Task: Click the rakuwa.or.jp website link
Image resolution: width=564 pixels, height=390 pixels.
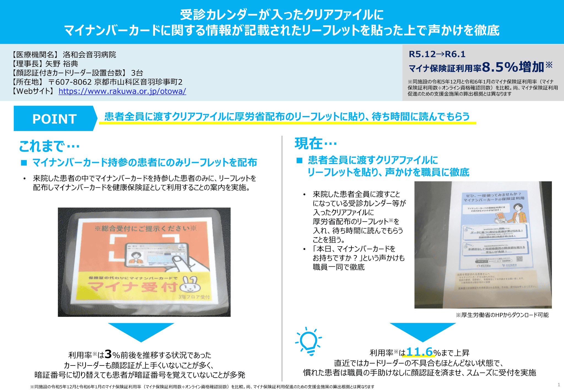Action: pyautogui.click(x=122, y=91)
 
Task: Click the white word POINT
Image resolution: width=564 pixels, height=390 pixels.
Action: pyautogui.click(x=55, y=119)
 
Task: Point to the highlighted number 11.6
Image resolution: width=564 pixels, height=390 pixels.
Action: pyautogui.click(x=419, y=352)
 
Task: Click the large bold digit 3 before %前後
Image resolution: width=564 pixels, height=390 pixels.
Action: pyautogui.click(x=108, y=354)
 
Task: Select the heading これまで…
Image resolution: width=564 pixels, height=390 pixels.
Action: pyautogui.click(x=49, y=146)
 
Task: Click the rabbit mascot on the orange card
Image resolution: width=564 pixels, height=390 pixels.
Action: pyautogui.click(x=190, y=285)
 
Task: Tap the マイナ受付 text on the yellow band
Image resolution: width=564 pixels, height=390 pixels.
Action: pyautogui.click(x=132, y=287)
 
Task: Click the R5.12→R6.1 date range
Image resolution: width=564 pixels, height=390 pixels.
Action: pyautogui.click(x=437, y=54)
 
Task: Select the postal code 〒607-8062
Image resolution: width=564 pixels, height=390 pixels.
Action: pyautogui.click(x=70, y=82)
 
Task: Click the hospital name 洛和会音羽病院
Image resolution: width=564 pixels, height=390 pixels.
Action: pyautogui.click(x=89, y=54)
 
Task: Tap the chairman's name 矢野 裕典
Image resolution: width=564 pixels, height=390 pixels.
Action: pyautogui.click(x=62, y=64)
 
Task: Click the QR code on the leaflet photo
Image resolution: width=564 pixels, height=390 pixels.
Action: pyautogui.click(x=519, y=259)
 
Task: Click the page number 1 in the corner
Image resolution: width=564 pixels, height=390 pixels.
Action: pyautogui.click(x=559, y=384)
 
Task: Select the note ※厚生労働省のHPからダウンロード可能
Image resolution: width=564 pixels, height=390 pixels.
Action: pyautogui.click(x=502, y=315)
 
